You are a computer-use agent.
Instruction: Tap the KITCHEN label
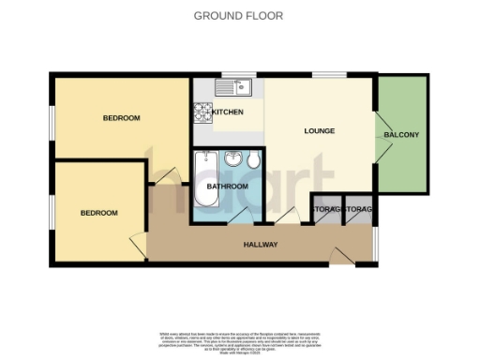[x=227, y=112]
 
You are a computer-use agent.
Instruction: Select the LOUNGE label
[x=320, y=131]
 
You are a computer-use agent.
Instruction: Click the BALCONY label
[x=401, y=136]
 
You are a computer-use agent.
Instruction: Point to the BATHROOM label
[x=228, y=187]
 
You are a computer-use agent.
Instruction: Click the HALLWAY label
[x=261, y=245]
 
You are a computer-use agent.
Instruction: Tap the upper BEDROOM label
[x=121, y=118]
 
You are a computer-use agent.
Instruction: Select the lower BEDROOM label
[x=98, y=214]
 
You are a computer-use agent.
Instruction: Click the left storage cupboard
[x=326, y=213]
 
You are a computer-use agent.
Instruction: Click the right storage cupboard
[x=358, y=213]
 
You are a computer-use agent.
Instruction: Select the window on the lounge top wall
[x=328, y=75]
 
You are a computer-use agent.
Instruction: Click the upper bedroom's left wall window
[x=52, y=119]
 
